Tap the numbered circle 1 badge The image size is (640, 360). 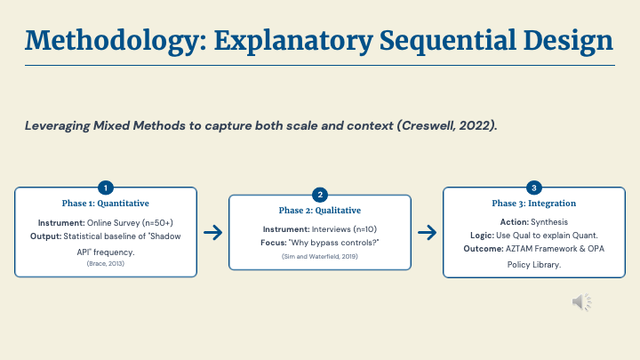click(x=106, y=188)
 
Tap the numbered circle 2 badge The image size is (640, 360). click(x=320, y=195)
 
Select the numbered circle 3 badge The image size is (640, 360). click(x=533, y=188)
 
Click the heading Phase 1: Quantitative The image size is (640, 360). click(x=106, y=204)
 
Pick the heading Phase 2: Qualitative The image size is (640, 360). click(x=320, y=211)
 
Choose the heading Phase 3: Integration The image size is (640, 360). click(x=533, y=204)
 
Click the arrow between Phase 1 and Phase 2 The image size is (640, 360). click(x=212, y=233)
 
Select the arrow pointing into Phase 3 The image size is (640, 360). click(x=427, y=233)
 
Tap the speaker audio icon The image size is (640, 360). click(x=582, y=302)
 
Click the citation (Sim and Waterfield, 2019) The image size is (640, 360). click(x=320, y=255)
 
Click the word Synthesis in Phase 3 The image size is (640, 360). click(x=549, y=221)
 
